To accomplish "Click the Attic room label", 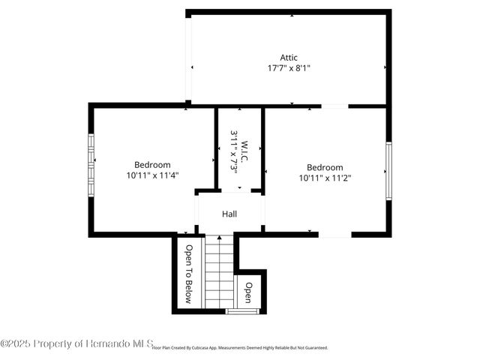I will [289, 57].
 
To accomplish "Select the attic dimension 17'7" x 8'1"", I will [289, 67].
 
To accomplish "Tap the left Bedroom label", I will [152, 165].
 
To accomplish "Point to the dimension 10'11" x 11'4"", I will [152, 175].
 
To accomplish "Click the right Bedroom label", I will [325, 167].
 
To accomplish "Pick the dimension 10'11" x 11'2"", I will [325, 178].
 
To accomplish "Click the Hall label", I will [229, 214].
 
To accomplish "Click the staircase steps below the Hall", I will [220, 271].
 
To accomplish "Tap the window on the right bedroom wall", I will [388, 171].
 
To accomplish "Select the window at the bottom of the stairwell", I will [242, 310].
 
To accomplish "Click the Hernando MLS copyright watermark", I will [75, 343].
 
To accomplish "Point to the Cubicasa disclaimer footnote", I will [240, 348].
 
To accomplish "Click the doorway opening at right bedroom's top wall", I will [334, 106].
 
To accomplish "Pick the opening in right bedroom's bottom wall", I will [335, 235].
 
